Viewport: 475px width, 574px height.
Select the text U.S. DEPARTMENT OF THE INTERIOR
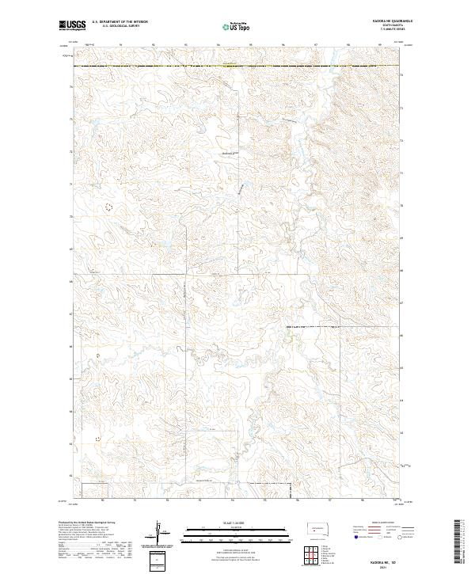(x=120, y=22)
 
